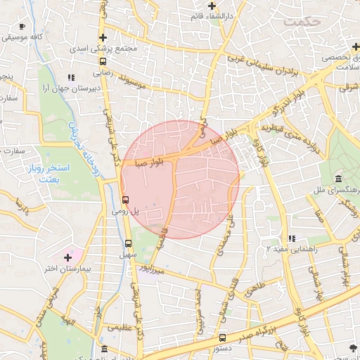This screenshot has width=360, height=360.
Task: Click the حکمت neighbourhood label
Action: click(x=302, y=22)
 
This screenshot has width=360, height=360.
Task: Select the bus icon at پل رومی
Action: click(x=125, y=199)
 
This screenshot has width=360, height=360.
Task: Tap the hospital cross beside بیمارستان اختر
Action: click(x=68, y=256)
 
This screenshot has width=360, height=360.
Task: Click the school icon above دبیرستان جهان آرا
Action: click(x=70, y=77)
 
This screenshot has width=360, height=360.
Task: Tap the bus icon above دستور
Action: click(x=222, y=337)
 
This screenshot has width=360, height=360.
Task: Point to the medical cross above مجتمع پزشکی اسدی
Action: click(x=103, y=38)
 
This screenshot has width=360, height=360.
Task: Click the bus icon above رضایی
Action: click(x=103, y=60)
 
